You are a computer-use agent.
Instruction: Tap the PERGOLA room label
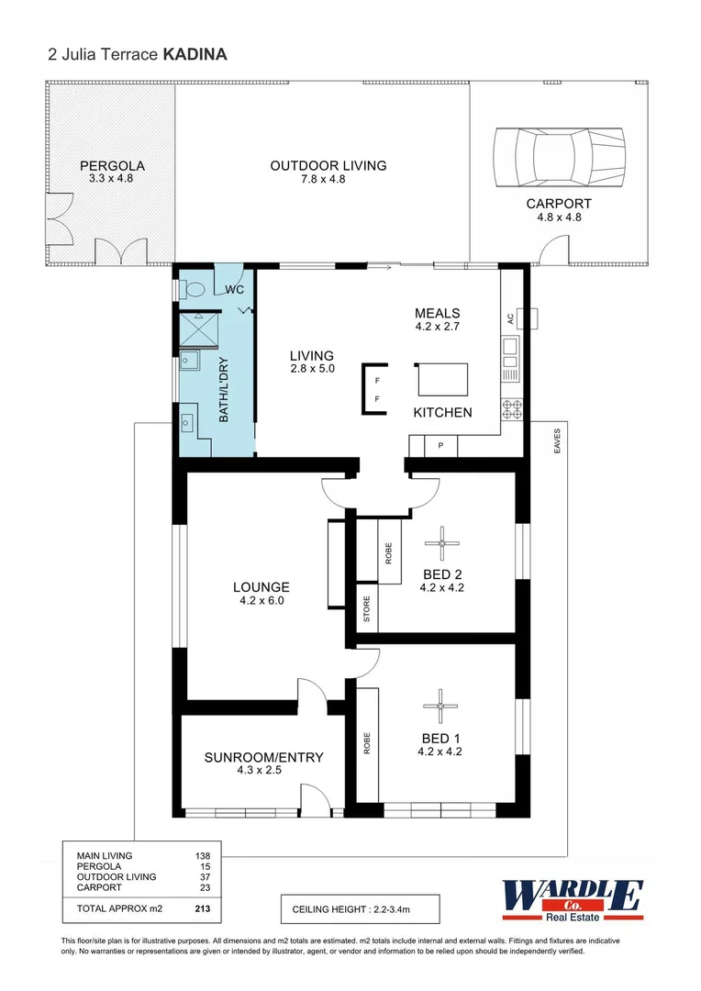pos(112,166)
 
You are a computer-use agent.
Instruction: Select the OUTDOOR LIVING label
pos(328,166)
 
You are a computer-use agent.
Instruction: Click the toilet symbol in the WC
pos(195,289)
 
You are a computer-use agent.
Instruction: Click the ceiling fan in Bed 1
pos(441,705)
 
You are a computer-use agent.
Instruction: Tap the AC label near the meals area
pos(510,318)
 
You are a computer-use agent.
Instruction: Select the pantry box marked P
pos(441,446)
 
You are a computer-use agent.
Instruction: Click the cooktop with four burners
pos(511,410)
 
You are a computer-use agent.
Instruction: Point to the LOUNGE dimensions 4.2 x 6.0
pos(261,602)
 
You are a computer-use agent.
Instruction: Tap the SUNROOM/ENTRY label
pos(263,757)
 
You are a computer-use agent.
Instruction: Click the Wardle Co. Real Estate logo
pos(572,896)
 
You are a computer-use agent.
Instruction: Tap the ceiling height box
pos(360,909)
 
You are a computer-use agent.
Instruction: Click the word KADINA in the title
pos(195,54)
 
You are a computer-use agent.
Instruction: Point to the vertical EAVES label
pos(557,441)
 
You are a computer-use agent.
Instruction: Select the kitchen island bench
pos(442,379)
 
